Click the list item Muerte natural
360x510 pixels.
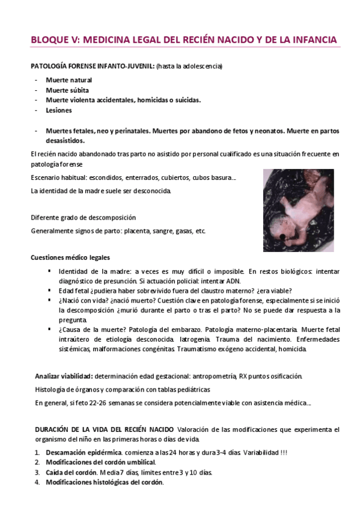[69, 80]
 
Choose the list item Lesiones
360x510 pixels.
[59, 110]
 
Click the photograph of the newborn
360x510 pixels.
[298, 210]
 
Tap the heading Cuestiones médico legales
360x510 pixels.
[70, 257]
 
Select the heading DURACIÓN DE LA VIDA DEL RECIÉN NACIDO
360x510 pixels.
[103, 429]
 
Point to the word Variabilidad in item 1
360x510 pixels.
[262, 452]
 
